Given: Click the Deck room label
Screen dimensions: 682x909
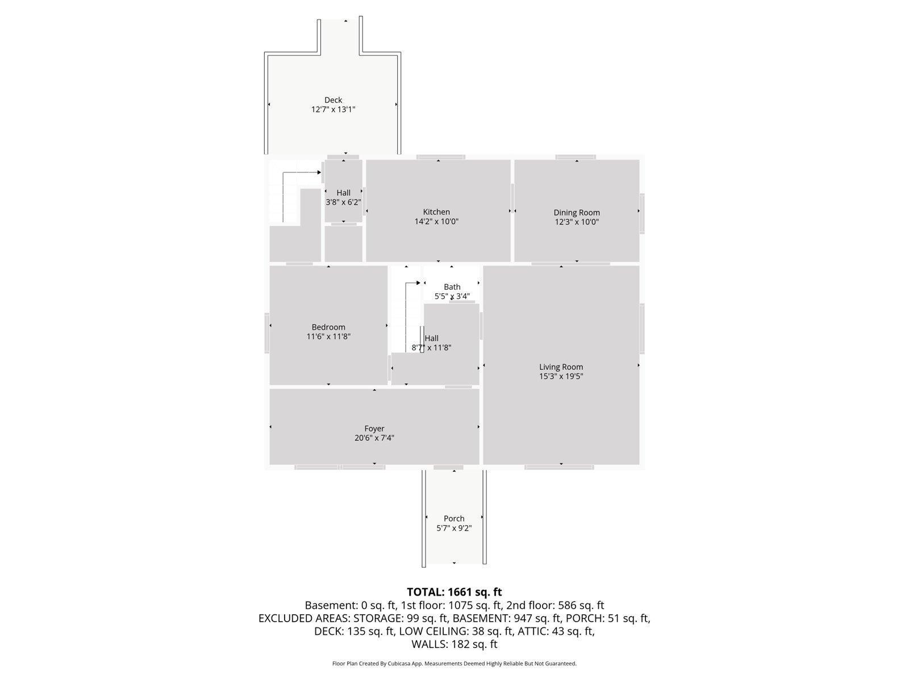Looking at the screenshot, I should pos(333,100).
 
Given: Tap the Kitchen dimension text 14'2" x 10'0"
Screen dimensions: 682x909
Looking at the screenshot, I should pos(436,222).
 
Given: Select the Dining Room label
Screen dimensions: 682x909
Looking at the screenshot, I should pos(577,213).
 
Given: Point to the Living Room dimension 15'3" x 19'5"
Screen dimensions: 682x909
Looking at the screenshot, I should pos(561,376).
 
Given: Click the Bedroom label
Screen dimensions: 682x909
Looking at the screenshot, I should pos(328,327).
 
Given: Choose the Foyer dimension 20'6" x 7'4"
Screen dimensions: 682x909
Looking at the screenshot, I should pos(374,438).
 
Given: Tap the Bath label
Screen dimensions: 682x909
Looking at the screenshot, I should pos(452,287).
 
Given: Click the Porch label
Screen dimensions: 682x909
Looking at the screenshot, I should pos(454,518).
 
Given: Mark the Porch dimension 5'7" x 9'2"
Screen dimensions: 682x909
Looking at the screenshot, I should pos(454,528).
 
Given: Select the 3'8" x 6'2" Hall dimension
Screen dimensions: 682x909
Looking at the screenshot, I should pos(343,202).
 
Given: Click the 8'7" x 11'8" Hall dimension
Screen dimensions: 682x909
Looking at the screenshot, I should pos(432,348).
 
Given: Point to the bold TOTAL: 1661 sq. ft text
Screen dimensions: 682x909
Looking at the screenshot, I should pos(454,592).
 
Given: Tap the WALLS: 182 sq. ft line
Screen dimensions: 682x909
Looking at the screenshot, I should pos(454,644).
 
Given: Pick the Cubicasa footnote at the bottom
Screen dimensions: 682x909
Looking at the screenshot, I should pos(454,663).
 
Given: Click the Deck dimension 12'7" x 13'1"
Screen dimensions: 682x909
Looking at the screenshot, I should pos(333,110).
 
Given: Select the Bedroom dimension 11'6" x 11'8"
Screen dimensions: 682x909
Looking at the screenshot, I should pos(328,336).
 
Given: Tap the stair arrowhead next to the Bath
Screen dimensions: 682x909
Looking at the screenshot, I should pos(418,282).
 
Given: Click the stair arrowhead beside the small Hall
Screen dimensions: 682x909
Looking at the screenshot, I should pos(319,172).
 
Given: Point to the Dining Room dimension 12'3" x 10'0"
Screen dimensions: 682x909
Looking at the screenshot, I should pos(577,222).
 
